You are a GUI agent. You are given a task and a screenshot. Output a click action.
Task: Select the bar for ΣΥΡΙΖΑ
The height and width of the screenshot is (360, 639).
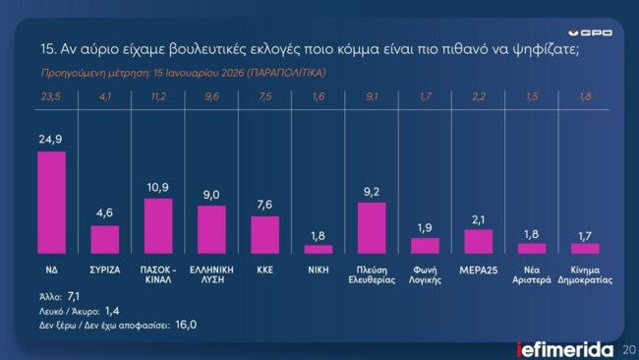104,240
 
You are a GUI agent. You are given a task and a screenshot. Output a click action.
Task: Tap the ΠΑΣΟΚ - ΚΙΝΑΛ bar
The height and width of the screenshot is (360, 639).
158,226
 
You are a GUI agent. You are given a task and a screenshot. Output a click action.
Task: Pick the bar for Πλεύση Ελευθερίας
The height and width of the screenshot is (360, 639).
372,228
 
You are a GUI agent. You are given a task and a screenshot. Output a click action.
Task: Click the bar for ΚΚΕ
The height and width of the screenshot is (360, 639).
264,235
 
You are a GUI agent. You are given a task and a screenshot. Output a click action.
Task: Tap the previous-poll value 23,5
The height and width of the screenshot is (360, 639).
51,96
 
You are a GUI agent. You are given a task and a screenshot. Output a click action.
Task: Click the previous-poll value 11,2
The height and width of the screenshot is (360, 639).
158,96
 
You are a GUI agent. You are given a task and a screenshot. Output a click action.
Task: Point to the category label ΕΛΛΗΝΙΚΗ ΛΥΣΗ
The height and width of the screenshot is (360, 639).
211,272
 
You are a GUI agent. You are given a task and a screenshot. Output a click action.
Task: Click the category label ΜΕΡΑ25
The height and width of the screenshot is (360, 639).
478,268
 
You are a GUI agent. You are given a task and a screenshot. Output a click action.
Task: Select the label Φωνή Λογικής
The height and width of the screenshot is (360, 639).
425,272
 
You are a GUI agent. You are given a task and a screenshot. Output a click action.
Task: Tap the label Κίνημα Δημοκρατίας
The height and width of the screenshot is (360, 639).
585,272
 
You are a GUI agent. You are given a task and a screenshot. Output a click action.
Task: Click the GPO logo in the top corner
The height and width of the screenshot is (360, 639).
593,31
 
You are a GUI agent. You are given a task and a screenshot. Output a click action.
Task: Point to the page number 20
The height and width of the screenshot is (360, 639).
628,347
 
